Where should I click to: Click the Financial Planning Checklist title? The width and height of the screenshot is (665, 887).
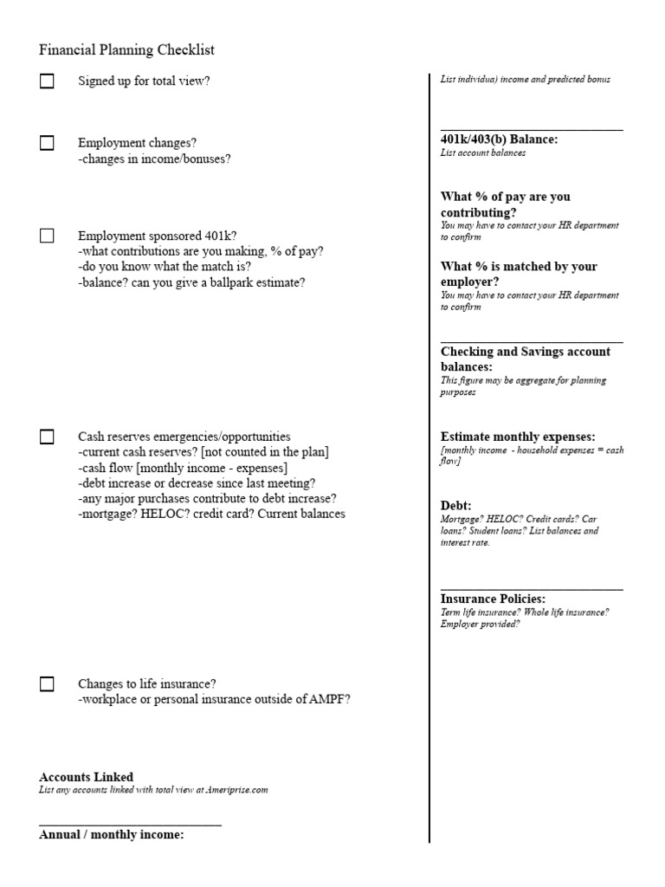(x=126, y=50)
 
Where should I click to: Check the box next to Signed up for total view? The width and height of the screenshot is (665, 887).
(x=47, y=81)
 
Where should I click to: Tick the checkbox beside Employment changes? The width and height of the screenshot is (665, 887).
(x=47, y=144)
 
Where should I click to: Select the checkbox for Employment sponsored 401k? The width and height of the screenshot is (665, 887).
(x=47, y=236)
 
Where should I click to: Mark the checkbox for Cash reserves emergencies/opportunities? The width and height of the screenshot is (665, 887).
(x=47, y=437)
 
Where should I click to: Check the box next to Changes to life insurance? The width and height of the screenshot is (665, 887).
(x=47, y=684)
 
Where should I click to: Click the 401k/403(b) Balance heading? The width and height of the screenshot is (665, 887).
(x=499, y=139)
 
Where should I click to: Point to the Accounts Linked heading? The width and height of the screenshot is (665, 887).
(x=87, y=777)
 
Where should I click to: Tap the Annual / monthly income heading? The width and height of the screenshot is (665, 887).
(x=112, y=835)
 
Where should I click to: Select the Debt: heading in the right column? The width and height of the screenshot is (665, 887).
(x=455, y=505)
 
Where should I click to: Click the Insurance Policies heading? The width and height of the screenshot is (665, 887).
(x=493, y=599)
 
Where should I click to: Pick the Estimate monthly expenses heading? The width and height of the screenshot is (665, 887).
(x=518, y=437)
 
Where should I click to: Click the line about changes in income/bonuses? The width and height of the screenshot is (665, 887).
(x=154, y=159)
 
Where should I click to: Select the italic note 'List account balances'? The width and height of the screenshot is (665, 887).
(x=482, y=153)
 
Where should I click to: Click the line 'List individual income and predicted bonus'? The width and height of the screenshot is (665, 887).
(x=526, y=80)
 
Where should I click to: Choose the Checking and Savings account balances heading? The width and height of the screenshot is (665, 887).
(x=525, y=359)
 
